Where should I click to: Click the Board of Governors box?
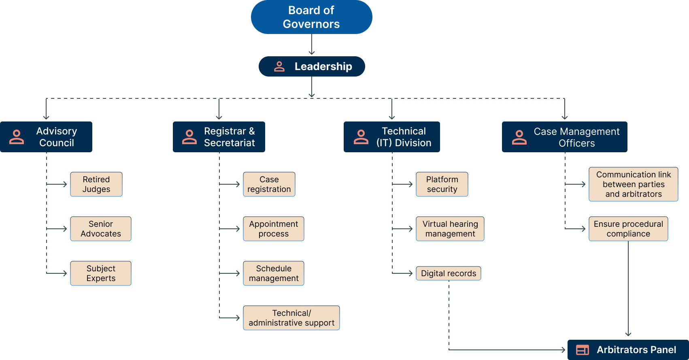click(311, 17)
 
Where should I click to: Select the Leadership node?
click(312, 66)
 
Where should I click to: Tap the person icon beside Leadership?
click(279, 66)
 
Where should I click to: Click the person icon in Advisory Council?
click(17, 137)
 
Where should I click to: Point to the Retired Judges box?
click(96, 184)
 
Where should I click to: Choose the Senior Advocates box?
click(101, 229)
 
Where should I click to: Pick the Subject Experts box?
click(101, 273)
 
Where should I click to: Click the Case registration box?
click(269, 184)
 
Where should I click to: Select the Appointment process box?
click(274, 229)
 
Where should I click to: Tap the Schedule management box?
click(274, 273)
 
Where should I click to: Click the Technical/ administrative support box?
click(291, 318)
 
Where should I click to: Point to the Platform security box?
click(442, 184)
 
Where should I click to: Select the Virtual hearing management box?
click(450, 229)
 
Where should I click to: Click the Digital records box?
click(449, 273)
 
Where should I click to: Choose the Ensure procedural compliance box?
click(628, 229)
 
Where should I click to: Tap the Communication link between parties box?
click(634, 184)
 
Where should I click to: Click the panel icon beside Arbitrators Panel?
click(583, 350)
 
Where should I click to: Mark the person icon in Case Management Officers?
click(519, 137)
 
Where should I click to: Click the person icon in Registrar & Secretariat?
click(189, 137)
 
